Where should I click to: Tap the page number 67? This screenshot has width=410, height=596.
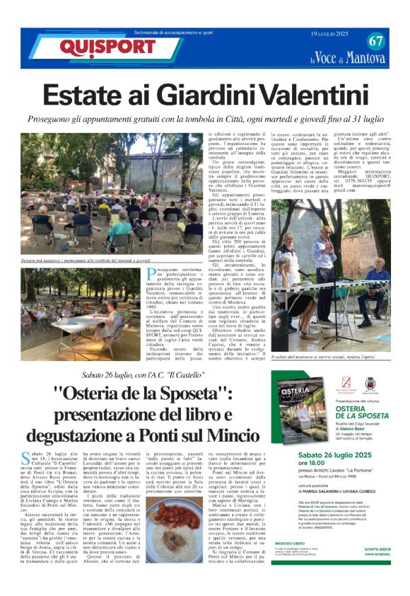(x=375, y=41)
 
